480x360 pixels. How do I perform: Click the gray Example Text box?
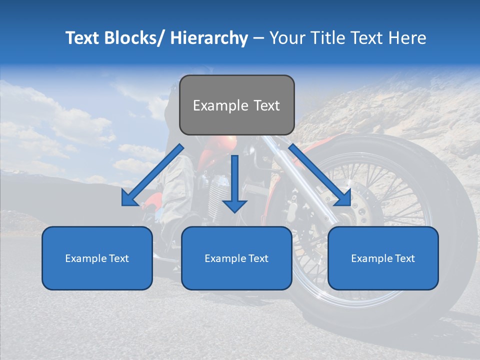pyautogui.click(x=236, y=105)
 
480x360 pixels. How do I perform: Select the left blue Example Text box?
pyautogui.click(x=97, y=258)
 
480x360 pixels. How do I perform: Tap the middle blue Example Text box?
pyautogui.click(x=236, y=258)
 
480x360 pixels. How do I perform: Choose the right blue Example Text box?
pyautogui.click(x=383, y=258)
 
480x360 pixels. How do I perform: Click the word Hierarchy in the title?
pyautogui.click(x=209, y=38)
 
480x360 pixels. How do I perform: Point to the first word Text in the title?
pyautogui.click(x=83, y=38)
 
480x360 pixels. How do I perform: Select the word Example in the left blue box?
pyautogui.click(x=83, y=258)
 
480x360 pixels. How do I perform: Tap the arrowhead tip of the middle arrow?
pyautogui.click(x=235, y=212)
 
